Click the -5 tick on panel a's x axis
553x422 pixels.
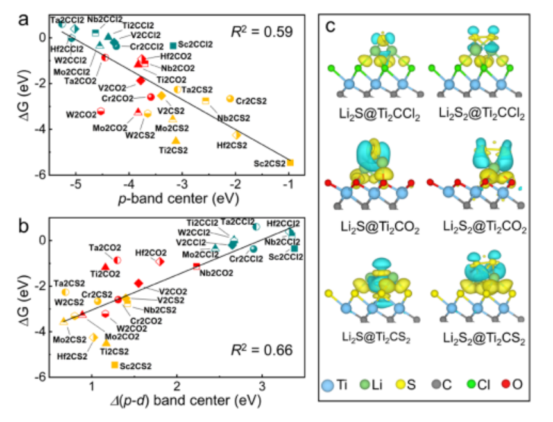(x=76, y=185)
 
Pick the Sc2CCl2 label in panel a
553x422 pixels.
(x=196, y=45)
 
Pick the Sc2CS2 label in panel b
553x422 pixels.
(x=135, y=366)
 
